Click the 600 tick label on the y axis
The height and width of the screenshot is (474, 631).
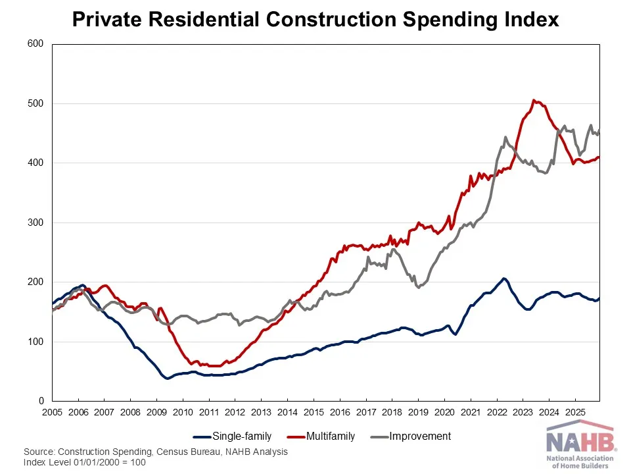coord(35,44)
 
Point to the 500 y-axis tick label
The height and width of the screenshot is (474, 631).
coord(35,103)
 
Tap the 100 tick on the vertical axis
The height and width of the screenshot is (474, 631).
coord(35,342)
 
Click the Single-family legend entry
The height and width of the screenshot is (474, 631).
coord(241,436)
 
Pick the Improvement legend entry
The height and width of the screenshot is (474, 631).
coord(420,436)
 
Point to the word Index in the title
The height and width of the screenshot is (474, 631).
coord(533,20)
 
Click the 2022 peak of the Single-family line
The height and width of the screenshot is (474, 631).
coord(503,278)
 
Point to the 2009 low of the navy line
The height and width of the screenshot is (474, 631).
coord(168,379)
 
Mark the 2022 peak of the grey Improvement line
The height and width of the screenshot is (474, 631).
coord(505,137)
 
